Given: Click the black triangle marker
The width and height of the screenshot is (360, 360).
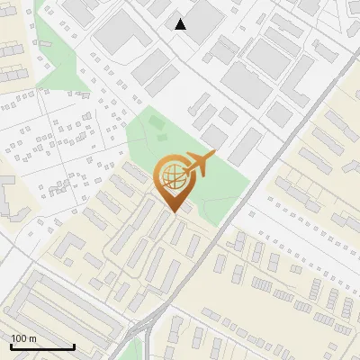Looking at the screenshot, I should click(181, 24).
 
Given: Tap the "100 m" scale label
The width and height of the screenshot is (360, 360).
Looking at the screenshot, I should click(23, 338).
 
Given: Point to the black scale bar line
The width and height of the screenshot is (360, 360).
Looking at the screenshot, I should click(42, 346).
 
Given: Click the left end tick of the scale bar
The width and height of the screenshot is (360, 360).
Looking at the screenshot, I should click(11, 345).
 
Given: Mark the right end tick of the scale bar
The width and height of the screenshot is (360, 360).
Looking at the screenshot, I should click(74, 345).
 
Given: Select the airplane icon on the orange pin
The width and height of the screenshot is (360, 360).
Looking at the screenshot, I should click(200, 164).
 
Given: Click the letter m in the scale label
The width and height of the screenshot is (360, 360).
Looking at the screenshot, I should click(32, 338).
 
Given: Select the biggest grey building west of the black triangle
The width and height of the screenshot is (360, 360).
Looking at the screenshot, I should click(117, 31).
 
